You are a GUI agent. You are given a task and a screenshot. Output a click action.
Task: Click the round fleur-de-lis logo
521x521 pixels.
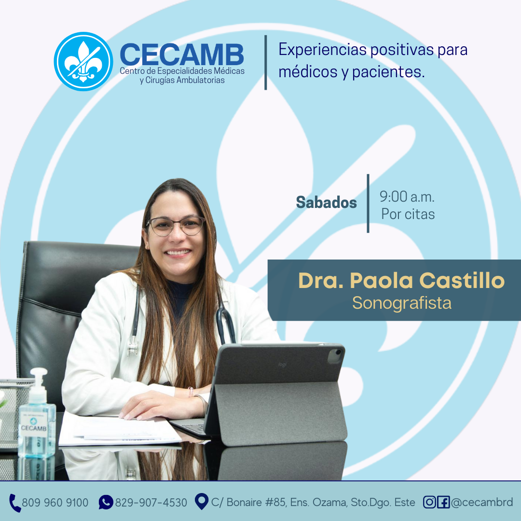click(x=83, y=61)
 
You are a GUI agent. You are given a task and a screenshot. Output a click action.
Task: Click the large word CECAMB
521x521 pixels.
click(x=182, y=55)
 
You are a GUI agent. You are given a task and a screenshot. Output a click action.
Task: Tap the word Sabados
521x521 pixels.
click(x=326, y=202)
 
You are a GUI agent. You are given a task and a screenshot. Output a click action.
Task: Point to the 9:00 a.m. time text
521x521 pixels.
click(x=407, y=197)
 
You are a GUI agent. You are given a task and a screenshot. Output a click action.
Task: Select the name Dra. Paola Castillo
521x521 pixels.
click(x=401, y=280)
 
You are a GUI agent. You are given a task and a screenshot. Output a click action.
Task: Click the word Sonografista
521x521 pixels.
click(x=402, y=303)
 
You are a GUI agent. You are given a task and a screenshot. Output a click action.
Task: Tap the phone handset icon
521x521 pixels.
click(x=14, y=503)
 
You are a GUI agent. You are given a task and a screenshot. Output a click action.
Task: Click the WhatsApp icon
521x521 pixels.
click(x=106, y=502)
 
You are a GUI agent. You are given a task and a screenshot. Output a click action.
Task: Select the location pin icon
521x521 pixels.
click(x=201, y=501)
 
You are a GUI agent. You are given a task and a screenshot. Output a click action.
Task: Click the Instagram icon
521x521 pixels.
click(x=429, y=502)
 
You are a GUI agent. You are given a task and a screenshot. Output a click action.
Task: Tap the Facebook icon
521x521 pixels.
click(x=443, y=502)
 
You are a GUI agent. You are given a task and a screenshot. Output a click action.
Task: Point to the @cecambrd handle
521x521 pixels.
click(x=482, y=502)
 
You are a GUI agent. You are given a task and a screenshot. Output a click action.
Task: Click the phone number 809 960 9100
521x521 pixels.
click(x=55, y=502)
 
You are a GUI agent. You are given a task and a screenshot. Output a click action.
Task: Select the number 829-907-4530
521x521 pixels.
click(x=151, y=502)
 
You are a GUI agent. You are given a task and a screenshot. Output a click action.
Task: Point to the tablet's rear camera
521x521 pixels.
click(x=336, y=356)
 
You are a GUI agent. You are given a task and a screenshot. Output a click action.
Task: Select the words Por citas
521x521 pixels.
click(x=408, y=214)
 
